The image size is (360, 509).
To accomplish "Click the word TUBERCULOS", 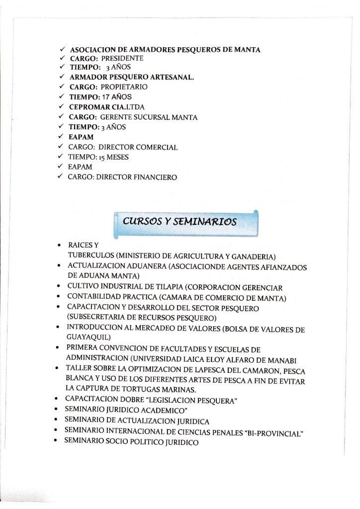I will (91, 256).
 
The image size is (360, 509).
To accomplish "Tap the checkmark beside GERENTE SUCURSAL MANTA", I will (61, 117).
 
